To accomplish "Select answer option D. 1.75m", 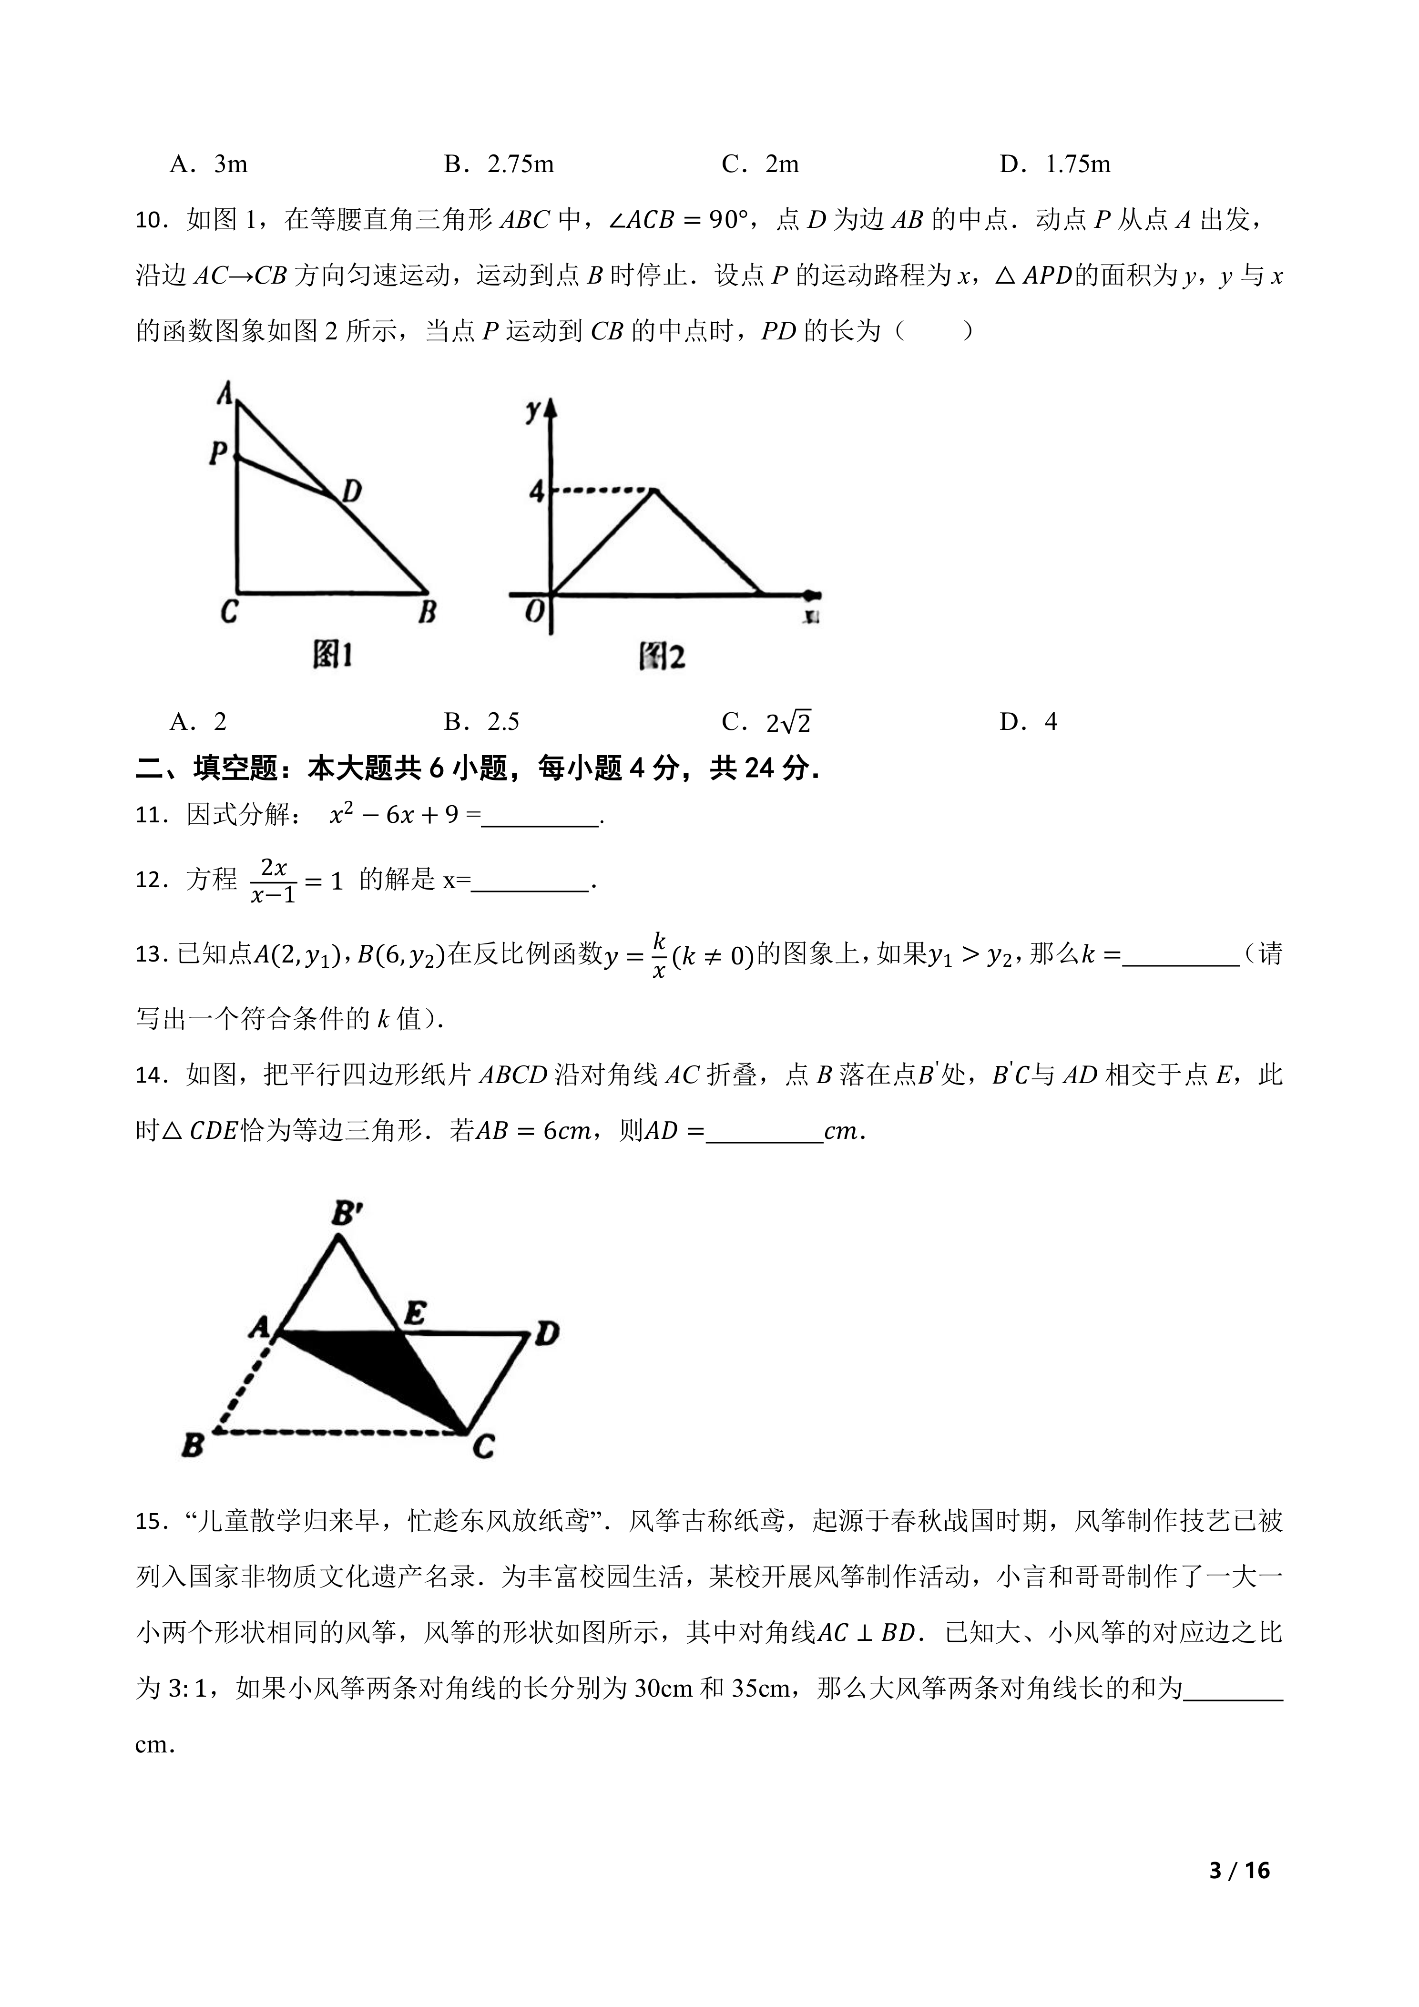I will (x=1055, y=164).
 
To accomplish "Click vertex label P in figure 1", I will (x=217, y=453).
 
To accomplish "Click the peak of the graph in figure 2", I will (x=653, y=491).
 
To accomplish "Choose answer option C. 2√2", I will (x=767, y=722).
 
